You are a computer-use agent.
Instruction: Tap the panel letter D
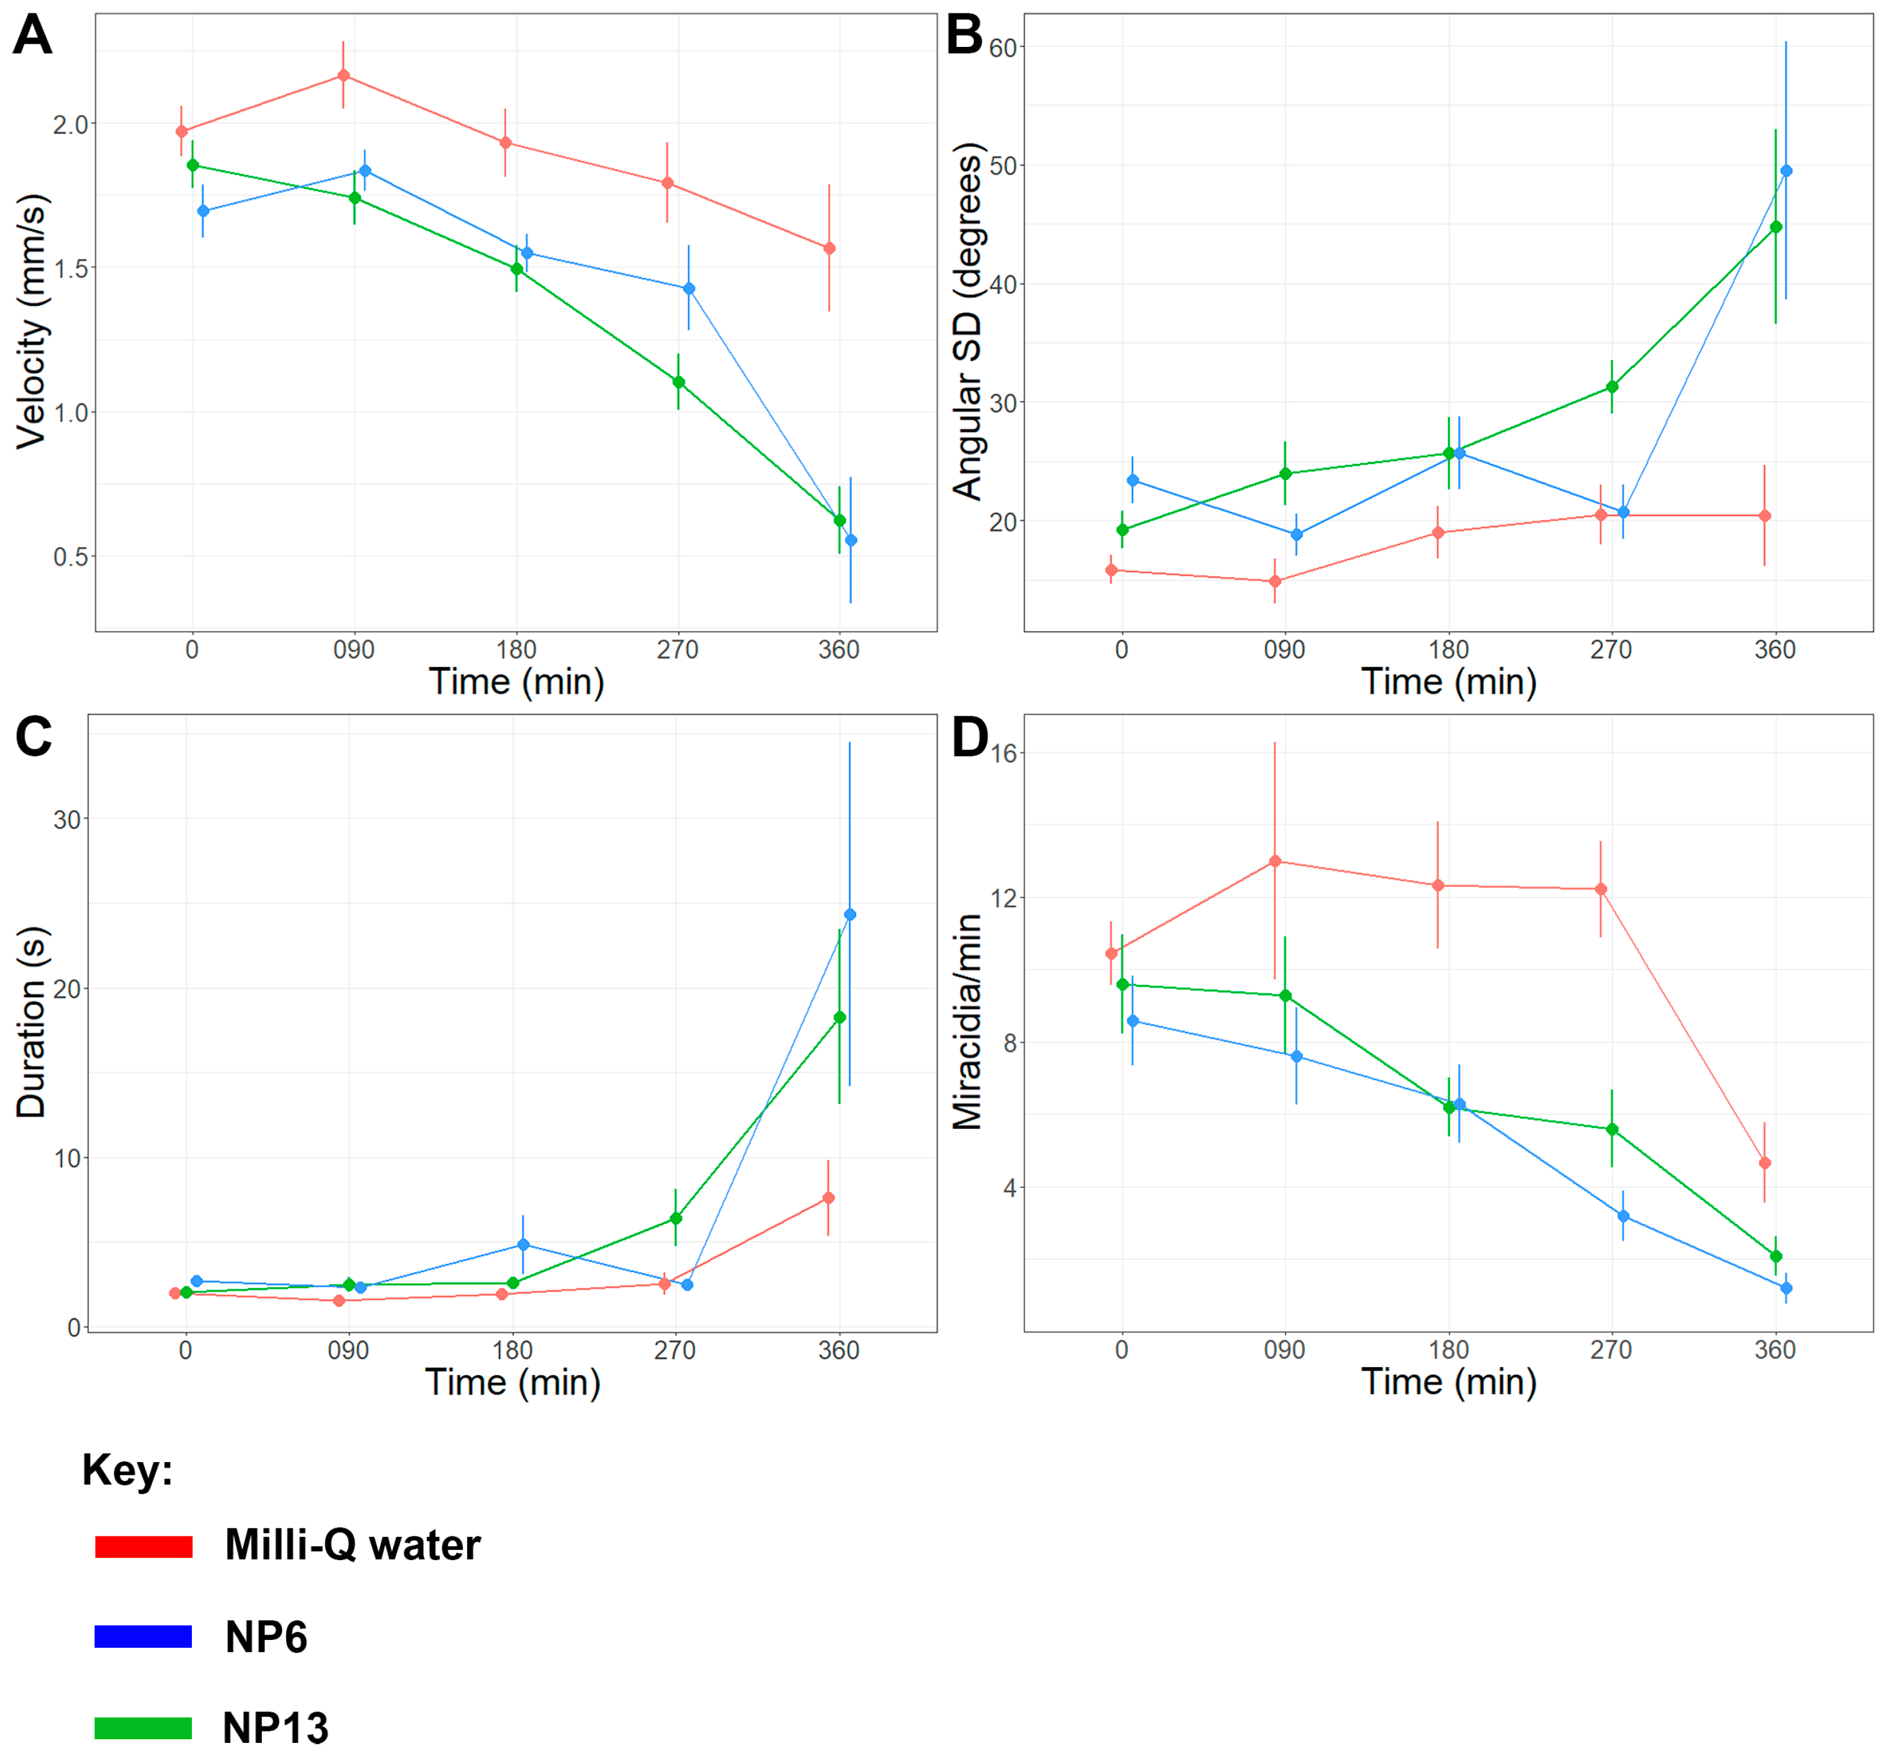click(x=970, y=738)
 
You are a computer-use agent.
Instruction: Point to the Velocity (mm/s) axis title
click(x=32, y=321)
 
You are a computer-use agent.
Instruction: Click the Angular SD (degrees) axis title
click(x=967, y=321)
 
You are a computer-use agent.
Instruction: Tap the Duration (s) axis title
click(x=32, y=1022)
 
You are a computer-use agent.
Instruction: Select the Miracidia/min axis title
click(x=967, y=1022)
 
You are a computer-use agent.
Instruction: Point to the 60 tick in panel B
click(x=1003, y=48)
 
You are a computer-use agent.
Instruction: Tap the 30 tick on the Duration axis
click(x=66, y=819)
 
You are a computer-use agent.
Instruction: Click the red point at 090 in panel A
click(x=344, y=76)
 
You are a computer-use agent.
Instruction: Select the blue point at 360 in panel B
click(x=1786, y=171)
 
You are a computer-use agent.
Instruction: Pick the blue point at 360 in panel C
click(x=850, y=914)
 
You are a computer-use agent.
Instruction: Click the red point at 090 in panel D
click(x=1275, y=861)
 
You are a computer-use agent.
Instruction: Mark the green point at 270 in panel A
click(x=678, y=382)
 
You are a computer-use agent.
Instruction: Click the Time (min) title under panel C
click(x=512, y=1382)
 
